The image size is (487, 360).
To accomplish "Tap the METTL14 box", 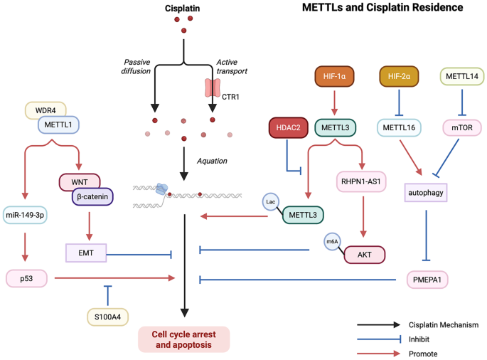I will pos(462,77).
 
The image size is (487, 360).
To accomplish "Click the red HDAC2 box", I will pos(287,127).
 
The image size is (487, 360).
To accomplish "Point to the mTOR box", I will pos(462,128).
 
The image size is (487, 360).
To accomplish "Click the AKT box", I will pos(365,254).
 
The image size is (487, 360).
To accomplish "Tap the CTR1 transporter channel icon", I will pos(214,88).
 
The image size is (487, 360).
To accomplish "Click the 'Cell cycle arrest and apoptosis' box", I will pos(184,339).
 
